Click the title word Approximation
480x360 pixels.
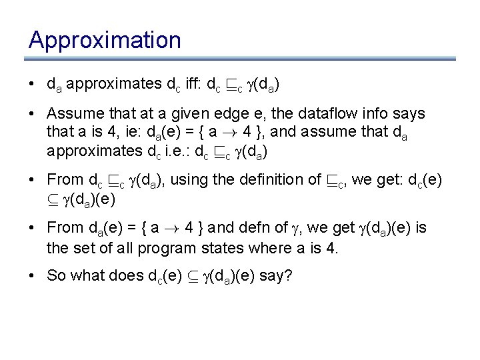(105, 41)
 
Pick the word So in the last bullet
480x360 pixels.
(56, 276)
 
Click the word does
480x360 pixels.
(133, 276)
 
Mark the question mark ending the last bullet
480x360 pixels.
(288, 276)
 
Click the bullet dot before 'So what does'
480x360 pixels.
(32, 276)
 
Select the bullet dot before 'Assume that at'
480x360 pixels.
(32, 114)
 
